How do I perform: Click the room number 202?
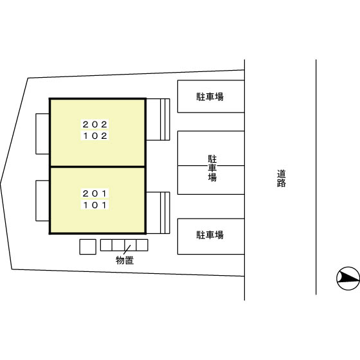95,125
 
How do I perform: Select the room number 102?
95,136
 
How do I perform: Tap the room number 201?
95,194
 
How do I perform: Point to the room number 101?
95,205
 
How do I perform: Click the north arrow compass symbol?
348,278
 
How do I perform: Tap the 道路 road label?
282,179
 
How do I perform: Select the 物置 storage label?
125,260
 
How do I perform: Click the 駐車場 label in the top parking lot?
210,96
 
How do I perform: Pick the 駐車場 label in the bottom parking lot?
210,235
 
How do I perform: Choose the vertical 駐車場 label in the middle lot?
212,168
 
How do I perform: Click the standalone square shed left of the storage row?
87,247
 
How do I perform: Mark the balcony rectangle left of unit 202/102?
42,134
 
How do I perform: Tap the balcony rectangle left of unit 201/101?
42,201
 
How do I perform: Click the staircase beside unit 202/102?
158,120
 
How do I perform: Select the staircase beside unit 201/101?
158,213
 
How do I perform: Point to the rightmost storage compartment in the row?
142,245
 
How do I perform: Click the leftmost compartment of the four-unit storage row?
106,245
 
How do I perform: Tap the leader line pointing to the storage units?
127,250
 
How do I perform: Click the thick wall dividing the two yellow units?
98,166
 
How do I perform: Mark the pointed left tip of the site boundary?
1,183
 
